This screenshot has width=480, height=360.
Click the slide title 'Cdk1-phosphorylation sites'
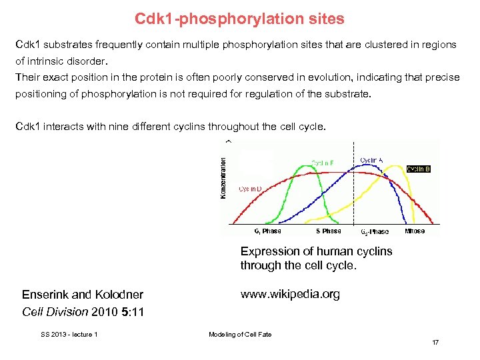[239, 19]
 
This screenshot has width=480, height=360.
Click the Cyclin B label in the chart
[418, 169]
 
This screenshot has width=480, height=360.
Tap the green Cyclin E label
[323, 163]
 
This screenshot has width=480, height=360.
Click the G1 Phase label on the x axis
[267, 231]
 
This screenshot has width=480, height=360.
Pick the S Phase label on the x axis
[328, 231]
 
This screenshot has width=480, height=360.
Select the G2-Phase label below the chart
[374, 232]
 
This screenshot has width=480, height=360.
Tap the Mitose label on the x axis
[414, 231]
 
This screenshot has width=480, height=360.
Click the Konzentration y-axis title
[223, 177]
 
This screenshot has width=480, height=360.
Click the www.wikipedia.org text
[290, 294]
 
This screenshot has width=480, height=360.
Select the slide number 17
[435, 343]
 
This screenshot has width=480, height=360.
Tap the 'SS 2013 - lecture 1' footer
[69, 334]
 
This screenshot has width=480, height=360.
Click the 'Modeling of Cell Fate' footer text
[240, 334]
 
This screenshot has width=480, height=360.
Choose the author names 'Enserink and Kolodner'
[83, 295]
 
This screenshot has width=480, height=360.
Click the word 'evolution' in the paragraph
[278, 77]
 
